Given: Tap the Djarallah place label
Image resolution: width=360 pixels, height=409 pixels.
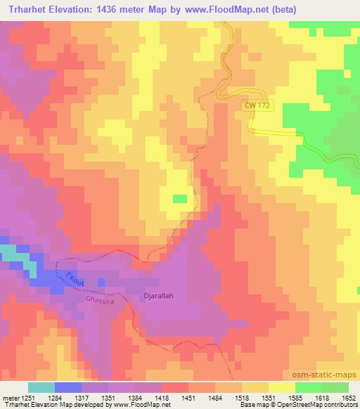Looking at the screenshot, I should coord(158,296).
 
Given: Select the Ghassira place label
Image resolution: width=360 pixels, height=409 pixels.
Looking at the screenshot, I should coord(98,299).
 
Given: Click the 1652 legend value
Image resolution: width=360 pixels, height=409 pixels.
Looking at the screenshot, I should coord(349,397).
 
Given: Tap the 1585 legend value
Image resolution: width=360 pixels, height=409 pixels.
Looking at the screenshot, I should coord(295,397).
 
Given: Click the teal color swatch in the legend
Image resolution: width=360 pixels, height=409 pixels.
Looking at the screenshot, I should coord(41,387).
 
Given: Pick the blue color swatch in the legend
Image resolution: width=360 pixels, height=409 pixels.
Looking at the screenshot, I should coord(67,387).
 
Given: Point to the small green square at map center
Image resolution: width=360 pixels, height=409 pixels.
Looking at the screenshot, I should coord(181,200).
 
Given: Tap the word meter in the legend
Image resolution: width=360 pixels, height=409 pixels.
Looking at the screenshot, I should coord(11,397).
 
